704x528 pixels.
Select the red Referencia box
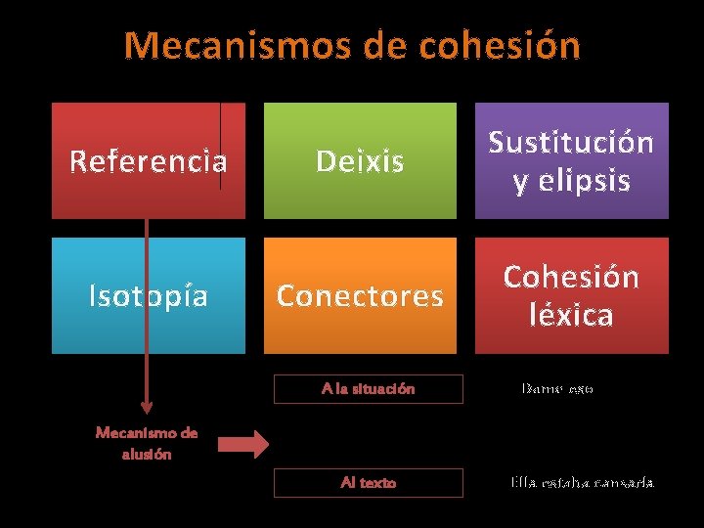coord(149,160)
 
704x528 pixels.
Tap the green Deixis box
coord(360,160)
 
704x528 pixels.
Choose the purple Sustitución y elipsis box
coord(571,160)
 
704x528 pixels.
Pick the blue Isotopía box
coord(149,295)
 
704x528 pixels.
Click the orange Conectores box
coord(360,295)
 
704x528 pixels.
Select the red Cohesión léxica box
coord(571,295)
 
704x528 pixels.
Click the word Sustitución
coord(571,143)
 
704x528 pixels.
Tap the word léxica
coord(571,315)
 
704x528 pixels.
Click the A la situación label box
coord(368,389)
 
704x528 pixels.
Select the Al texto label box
coord(368,483)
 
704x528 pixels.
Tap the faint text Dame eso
coord(557,389)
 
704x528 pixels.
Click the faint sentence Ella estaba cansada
coord(582,483)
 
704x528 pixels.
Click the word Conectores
coord(360,295)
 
